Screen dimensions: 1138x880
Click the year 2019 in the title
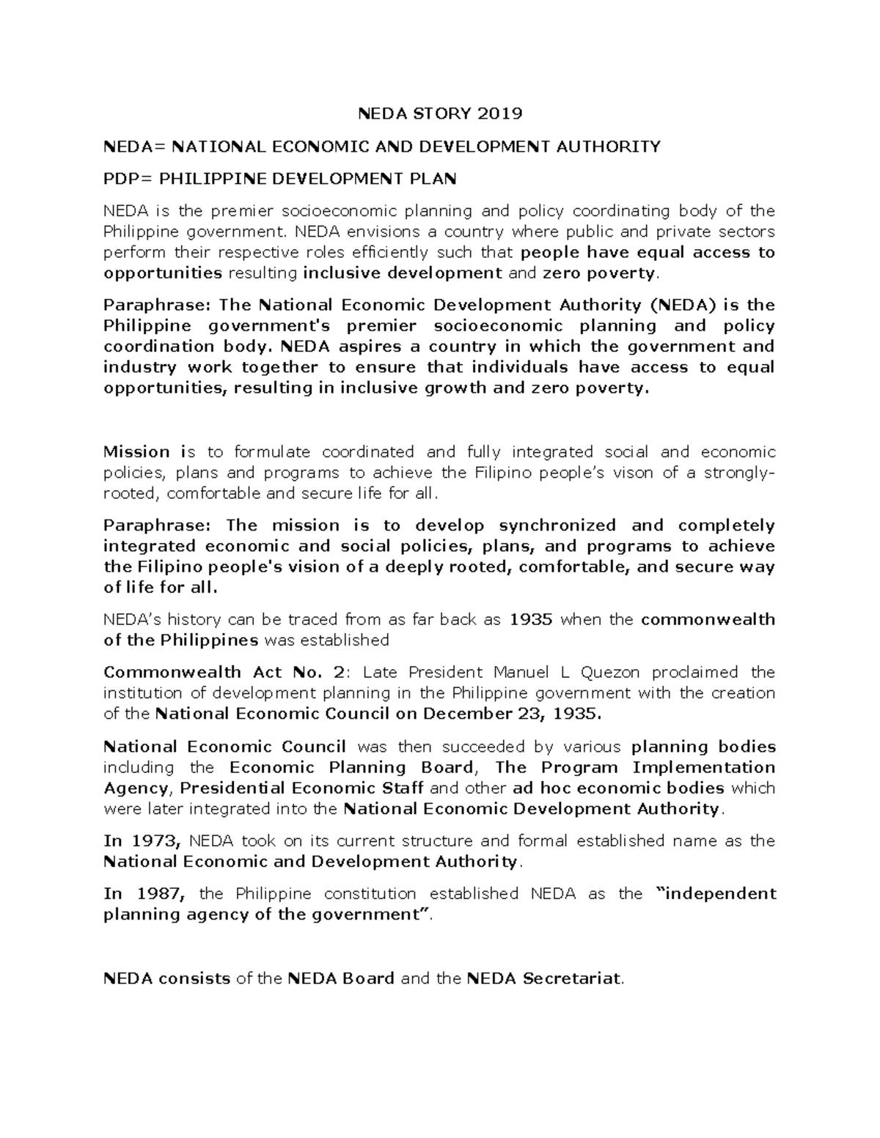[x=500, y=114]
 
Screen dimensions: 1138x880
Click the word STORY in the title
[x=439, y=114]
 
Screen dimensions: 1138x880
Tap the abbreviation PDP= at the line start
[x=127, y=179]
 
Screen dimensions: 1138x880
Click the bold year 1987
[x=157, y=893]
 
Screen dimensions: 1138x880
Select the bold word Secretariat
[x=571, y=978]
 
